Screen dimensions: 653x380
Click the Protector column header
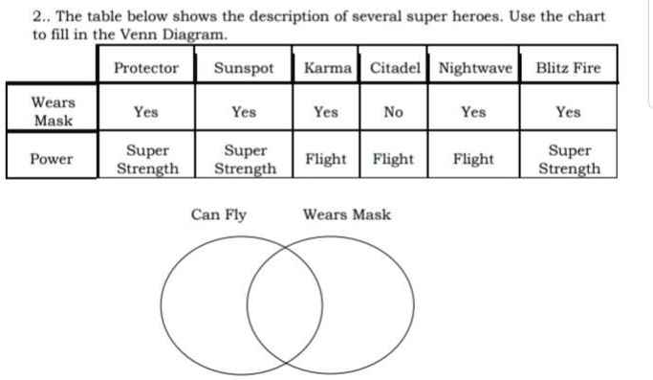pyautogui.click(x=146, y=68)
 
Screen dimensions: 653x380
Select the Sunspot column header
pyautogui.click(x=244, y=68)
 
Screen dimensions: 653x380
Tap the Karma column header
pyautogui.click(x=327, y=68)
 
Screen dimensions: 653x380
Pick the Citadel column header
pyautogui.click(x=393, y=68)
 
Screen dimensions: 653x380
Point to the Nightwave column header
pyautogui.click(x=475, y=68)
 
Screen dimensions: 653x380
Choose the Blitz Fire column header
pyautogui.click(x=568, y=68)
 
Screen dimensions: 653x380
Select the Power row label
pyautogui.click(x=52, y=159)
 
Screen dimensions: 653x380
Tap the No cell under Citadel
pyautogui.click(x=393, y=112)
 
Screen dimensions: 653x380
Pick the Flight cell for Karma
pyautogui.click(x=326, y=159)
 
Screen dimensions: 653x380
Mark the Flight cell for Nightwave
pyautogui.click(x=473, y=159)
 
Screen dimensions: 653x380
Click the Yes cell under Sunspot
pyautogui.click(x=244, y=112)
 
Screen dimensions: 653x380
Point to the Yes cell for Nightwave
pyautogui.click(x=473, y=112)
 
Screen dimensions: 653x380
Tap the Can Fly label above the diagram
pyautogui.click(x=219, y=214)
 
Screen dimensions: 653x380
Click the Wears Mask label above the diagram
pyautogui.click(x=346, y=214)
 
